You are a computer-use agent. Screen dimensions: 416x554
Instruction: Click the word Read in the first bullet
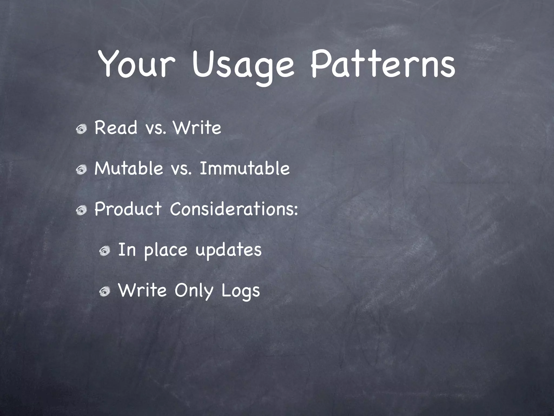pyautogui.click(x=116, y=128)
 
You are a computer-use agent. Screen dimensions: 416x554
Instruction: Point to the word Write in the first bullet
pyautogui.click(x=197, y=128)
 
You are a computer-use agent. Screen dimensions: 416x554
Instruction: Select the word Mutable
pyautogui.click(x=129, y=168)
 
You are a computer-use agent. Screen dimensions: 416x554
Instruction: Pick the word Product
pyautogui.click(x=128, y=209)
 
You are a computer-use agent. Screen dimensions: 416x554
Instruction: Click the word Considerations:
pyautogui.click(x=234, y=209)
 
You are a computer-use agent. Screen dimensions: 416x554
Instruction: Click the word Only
pyautogui.click(x=194, y=291)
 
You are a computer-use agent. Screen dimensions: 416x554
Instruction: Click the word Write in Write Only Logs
pyautogui.click(x=143, y=290)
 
